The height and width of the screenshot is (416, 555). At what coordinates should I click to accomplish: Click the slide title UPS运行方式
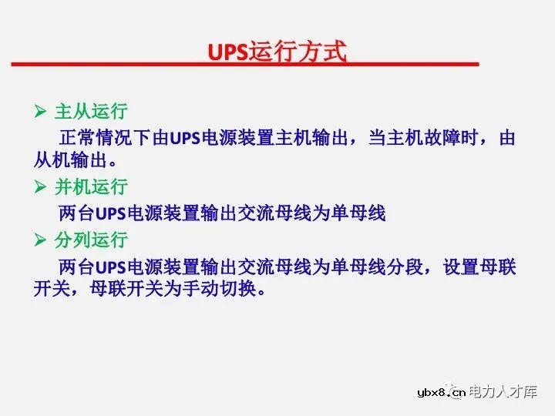[277, 52]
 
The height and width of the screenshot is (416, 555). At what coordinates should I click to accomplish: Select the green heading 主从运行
[91, 112]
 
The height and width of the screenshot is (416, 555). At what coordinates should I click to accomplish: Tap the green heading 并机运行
[91, 187]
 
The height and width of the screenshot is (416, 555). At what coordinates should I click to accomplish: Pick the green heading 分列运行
[91, 240]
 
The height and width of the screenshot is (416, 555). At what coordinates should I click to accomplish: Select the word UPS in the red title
[227, 52]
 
